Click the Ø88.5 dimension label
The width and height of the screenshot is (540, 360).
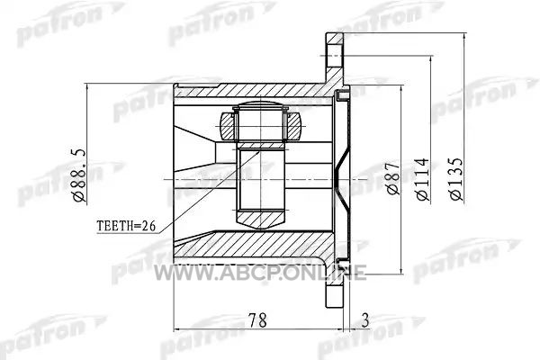tap(79, 175)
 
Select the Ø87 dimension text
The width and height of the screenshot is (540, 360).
tap(393, 178)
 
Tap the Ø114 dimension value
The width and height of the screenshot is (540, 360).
tap(423, 179)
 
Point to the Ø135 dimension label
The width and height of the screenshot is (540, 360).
tap(456, 179)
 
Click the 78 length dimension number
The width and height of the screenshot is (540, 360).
tap(258, 320)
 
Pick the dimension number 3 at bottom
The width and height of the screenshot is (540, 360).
tap(365, 320)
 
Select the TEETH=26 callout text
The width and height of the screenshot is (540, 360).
tap(126, 226)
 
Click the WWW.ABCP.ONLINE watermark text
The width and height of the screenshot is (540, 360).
tap(260, 273)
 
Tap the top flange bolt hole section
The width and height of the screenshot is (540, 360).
tap(335, 56)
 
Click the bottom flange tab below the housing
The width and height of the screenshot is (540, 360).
tap(335, 290)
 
